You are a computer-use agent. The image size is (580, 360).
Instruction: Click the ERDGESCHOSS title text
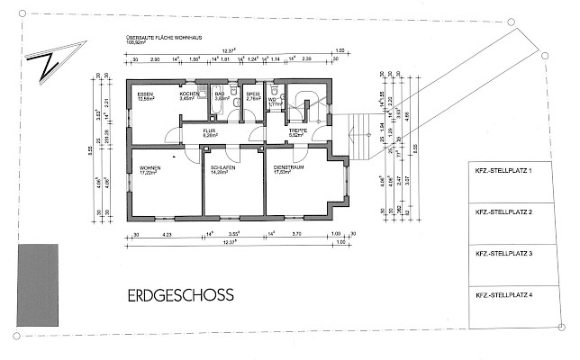pos(180,294)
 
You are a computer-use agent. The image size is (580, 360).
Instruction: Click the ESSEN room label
pos(144,94)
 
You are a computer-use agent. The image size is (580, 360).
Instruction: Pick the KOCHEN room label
pos(188,94)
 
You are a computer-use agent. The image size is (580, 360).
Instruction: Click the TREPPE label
pos(298,131)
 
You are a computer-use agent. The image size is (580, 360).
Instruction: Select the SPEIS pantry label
pos(253,94)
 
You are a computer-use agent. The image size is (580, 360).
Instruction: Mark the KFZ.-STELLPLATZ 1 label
pos(506,170)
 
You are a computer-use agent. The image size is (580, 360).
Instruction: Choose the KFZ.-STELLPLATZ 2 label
pos(506,212)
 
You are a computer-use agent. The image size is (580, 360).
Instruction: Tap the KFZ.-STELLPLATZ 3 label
pos(506,254)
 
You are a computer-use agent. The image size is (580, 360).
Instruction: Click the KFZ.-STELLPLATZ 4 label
pos(506,295)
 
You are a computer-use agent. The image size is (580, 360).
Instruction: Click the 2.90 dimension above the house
pos(154,58)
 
